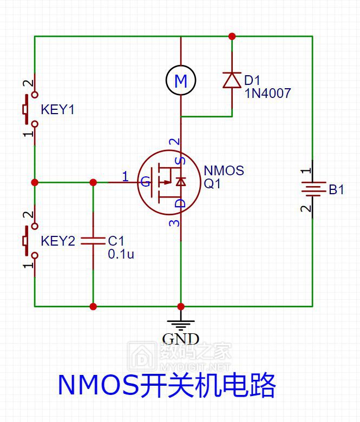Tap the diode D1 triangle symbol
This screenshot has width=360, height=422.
point(232,80)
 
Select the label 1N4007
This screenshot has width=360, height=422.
point(267,94)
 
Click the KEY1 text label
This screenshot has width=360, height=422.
point(57,109)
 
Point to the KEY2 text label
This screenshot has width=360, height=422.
point(58,241)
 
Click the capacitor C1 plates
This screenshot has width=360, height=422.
point(93,241)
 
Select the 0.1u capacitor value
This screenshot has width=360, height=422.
point(121,254)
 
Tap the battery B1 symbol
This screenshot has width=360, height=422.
point(312,188)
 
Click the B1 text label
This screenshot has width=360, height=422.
point(336,189)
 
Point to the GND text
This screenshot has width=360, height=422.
point(181,339)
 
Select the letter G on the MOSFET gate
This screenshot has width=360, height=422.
point(146,182)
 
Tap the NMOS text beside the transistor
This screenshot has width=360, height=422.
point(224,170)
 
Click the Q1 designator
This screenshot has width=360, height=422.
point(212,184)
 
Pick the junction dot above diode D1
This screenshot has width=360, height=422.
point(232,36)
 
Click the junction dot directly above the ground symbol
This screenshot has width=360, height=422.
point(181,306)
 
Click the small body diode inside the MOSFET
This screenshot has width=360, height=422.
point(181,182)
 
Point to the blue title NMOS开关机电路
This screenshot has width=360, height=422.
point(167,385)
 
